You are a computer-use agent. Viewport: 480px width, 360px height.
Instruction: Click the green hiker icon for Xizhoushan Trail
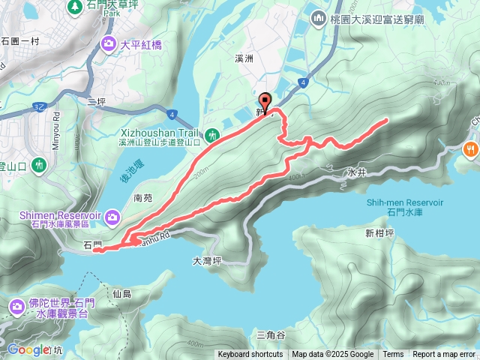[x=212, y=135]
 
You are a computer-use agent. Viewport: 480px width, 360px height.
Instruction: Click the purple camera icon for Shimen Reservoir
[x=112, y=217]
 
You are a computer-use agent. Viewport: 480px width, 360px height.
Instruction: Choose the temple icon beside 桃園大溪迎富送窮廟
[x=318, y=17]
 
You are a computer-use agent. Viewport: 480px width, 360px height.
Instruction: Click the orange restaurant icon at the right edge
[x=471, y=148]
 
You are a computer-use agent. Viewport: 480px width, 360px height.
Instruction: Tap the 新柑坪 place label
[x=379, y=232]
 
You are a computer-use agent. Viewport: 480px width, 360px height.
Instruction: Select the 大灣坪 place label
[x=207, y=261]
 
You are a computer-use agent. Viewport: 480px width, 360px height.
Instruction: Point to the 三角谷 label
[x=271, y=334]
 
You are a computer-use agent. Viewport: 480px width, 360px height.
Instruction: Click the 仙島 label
[x=121, y=293]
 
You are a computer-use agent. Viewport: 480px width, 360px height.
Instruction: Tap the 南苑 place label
[x=142, y=199]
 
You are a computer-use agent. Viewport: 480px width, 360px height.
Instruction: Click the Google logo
[x=28, y=349]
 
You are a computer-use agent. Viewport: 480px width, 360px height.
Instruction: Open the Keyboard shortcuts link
[x=250, y=355]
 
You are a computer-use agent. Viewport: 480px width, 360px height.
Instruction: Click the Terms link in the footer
[x=393, y=355]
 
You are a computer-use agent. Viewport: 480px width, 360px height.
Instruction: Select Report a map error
[x=444, y=355]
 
